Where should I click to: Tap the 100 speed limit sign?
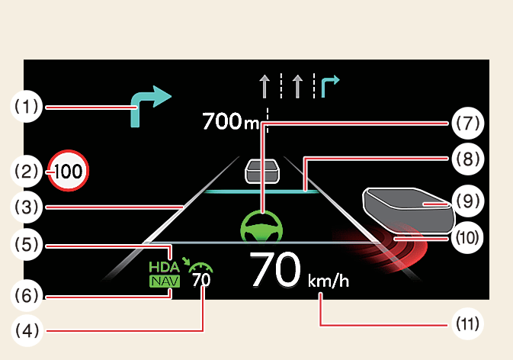tap(69, 172)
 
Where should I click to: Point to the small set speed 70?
tap(201, 280)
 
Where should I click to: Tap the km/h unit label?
tap(329, 281)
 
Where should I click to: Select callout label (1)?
tap(27, 107)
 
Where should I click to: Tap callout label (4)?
tap(27, 329)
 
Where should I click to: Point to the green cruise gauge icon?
tap(201, 266)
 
